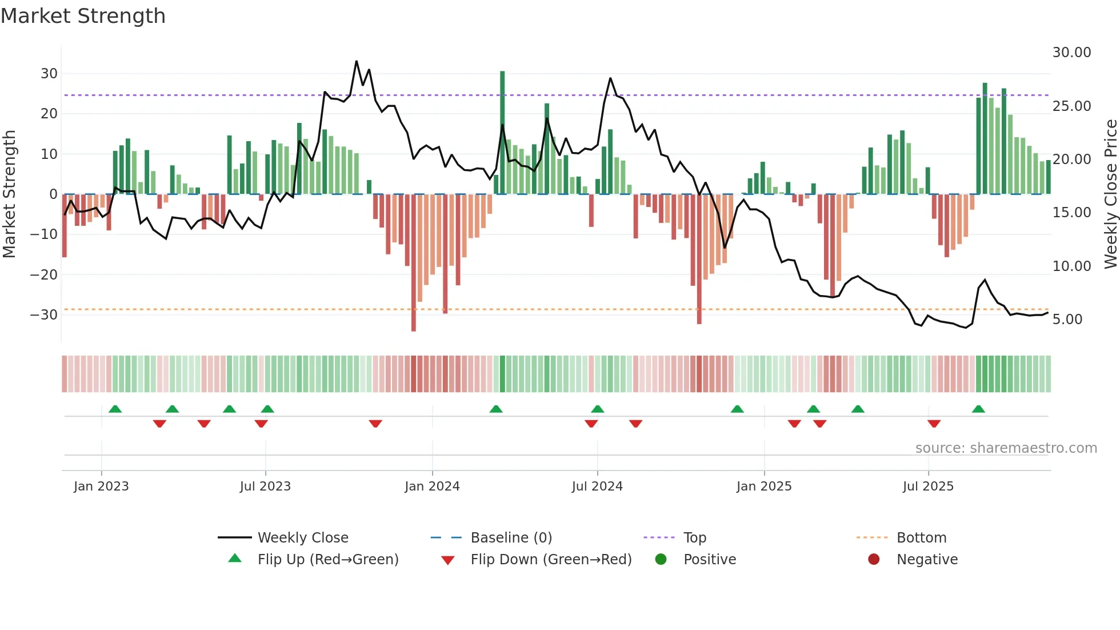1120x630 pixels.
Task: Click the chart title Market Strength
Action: pos(83,16)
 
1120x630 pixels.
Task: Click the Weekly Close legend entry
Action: pos(302,537)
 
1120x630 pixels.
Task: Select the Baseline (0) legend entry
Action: pos(511,537)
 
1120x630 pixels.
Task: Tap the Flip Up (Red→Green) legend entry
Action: pos(327,559)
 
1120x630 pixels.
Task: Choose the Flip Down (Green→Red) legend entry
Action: pos(551,559)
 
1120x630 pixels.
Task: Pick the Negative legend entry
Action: pos(926,559)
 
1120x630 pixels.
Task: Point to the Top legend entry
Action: pos(694,537)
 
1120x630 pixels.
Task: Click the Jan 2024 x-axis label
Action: pos(432,487)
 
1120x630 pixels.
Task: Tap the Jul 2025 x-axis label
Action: pos(928,487)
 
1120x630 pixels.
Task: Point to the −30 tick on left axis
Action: pos(44,315)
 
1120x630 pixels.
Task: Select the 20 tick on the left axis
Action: pos(49,114)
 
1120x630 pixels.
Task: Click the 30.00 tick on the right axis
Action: pos(1071,53)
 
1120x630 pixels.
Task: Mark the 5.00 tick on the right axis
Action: pos(1067,320)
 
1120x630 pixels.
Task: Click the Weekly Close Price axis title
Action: pos(1110,194)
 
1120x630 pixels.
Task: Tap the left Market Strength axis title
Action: pos(9,194)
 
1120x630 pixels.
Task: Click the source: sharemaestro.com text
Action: pos(1006,448)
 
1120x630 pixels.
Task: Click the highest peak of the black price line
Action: pos(357,61)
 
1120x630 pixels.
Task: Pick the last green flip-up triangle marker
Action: pos(978,409)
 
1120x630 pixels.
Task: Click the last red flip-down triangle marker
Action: pos(934,424)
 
